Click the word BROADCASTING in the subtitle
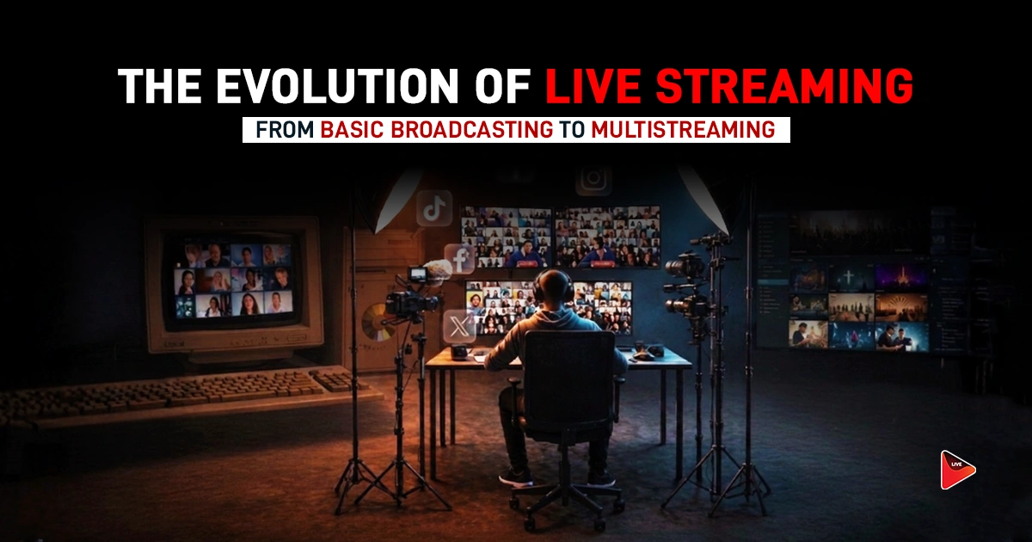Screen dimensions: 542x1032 tap(437, 130)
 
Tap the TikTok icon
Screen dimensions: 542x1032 tap(433, 209)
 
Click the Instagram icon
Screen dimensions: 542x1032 tap(593, 179)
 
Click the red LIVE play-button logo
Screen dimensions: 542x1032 tap(956, 470)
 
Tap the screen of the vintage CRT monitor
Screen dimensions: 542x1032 tap(233, 279)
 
